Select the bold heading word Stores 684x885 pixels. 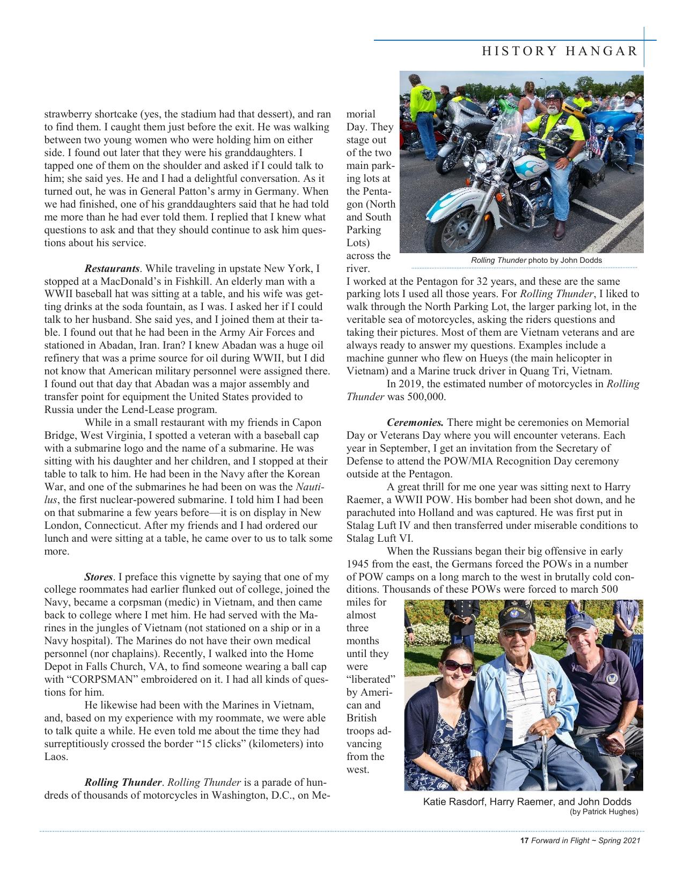99,577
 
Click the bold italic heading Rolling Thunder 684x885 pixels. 123,783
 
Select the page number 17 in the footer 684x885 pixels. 525,841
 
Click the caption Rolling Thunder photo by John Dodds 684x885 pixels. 536,261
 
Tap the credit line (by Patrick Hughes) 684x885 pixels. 604,812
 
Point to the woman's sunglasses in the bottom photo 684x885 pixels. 459,667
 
